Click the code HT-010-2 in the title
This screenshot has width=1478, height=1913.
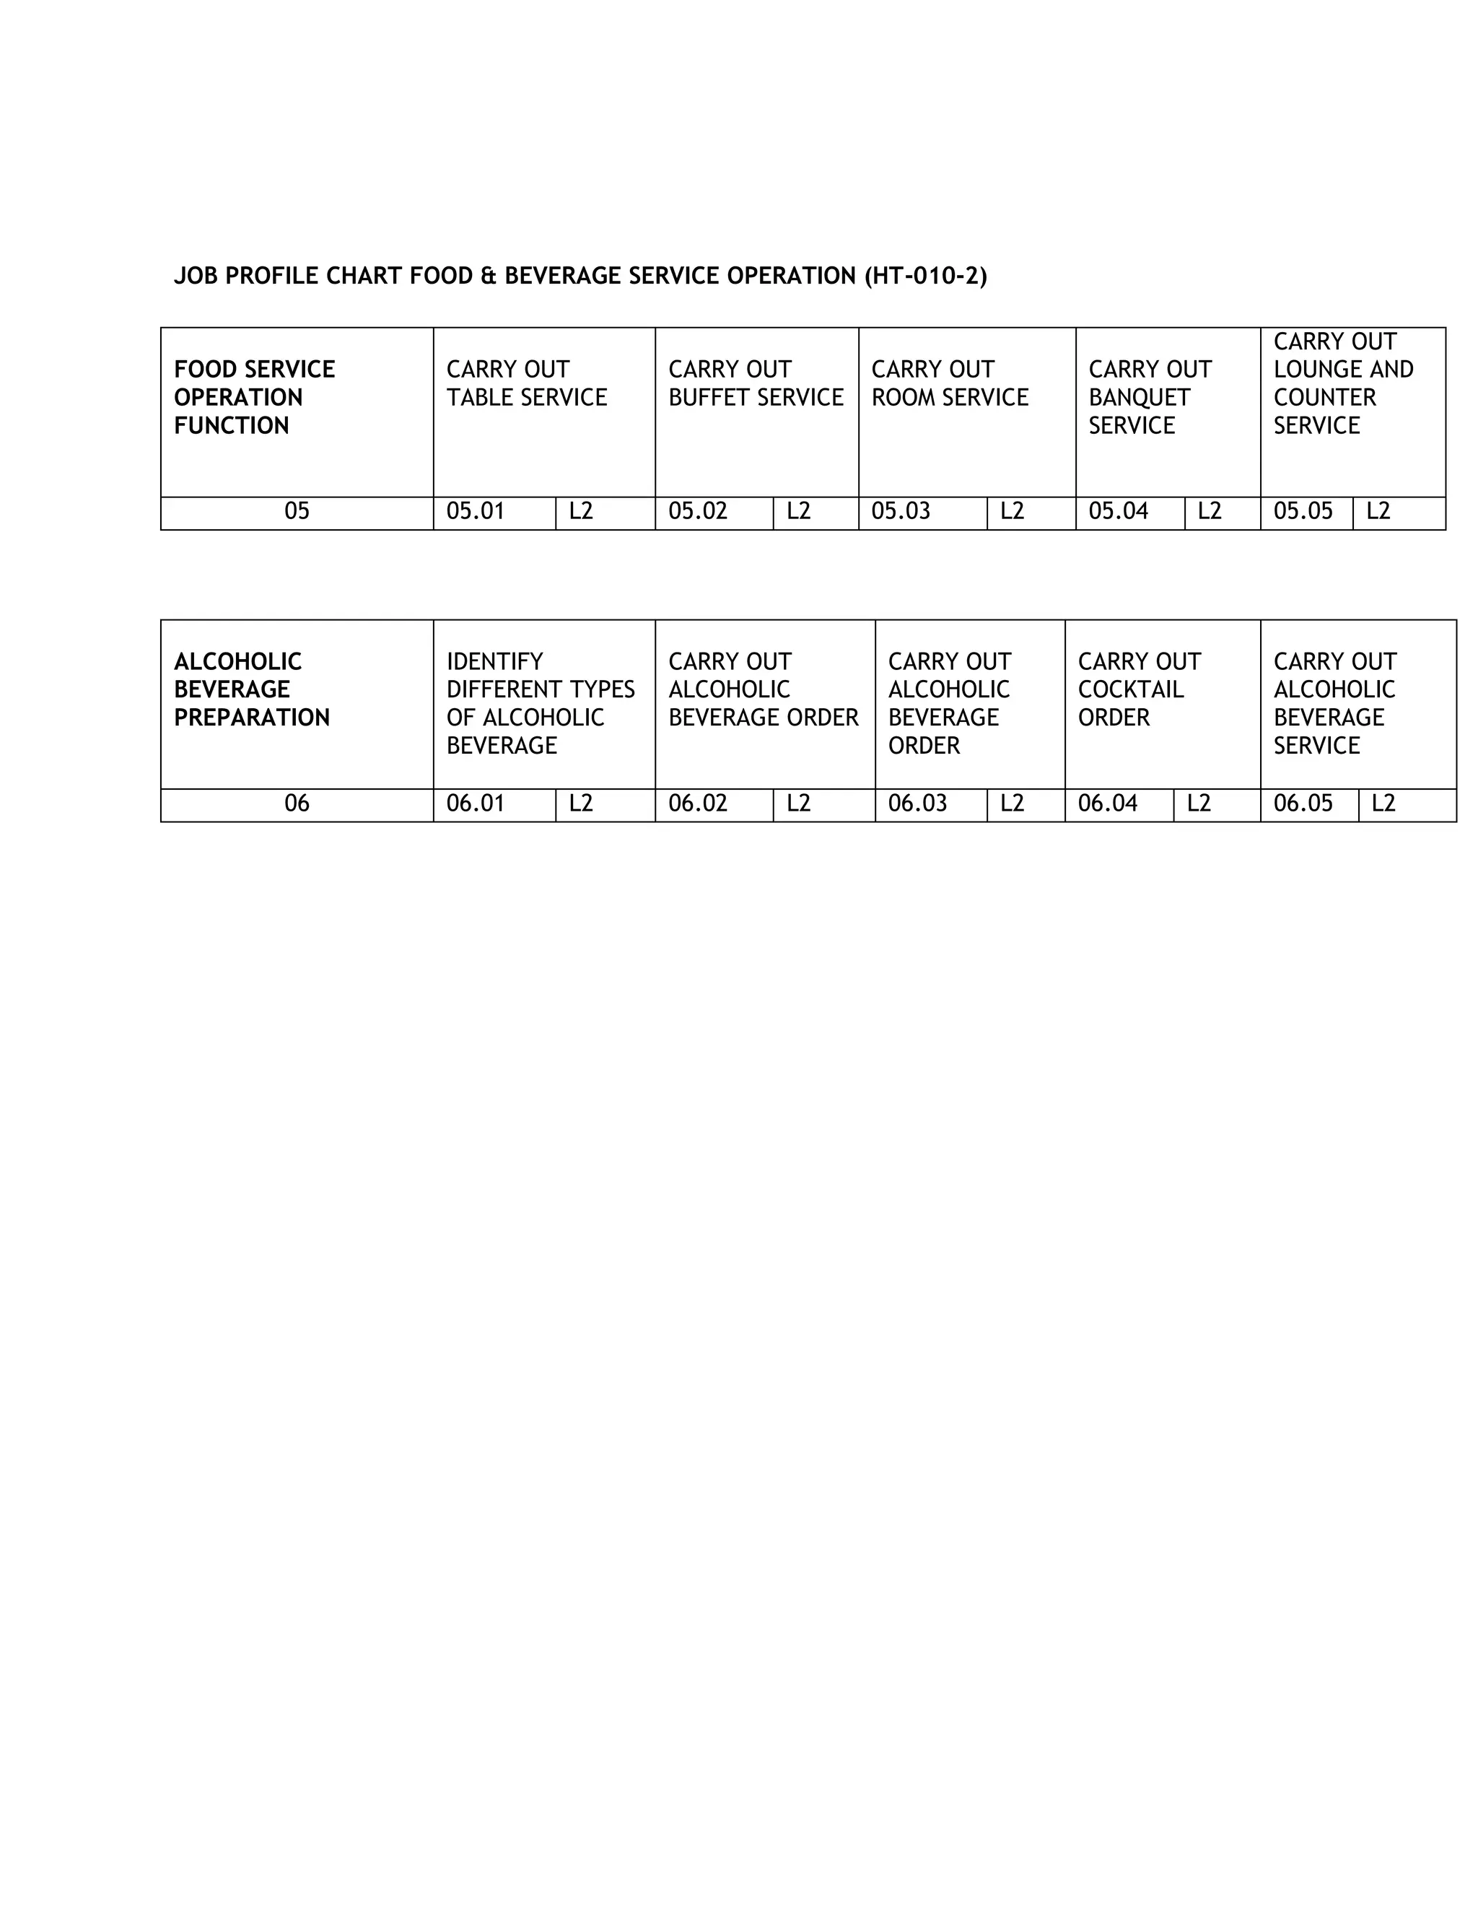(x=925, y=276)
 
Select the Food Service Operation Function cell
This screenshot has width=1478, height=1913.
(x=254, y=398)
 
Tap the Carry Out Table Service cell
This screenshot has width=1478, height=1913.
(x=526, y=383)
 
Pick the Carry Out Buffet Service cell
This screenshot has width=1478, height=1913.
(x=756, y=383)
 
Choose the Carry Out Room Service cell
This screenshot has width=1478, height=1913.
(x=949, y=383)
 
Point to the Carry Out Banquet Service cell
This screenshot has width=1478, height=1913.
(x=1149, y=398)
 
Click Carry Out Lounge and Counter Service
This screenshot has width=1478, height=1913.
(x=1342, y=383)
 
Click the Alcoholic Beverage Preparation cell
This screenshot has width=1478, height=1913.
(x=251, y=689)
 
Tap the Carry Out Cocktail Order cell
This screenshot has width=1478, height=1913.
(x=1138, y=689)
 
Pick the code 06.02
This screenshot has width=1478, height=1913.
(x=698, y=804)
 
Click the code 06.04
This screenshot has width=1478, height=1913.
(x=1108, y=804)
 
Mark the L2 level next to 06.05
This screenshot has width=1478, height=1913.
(x=1383, y=804)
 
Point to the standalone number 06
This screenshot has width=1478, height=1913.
(x=297, y=804)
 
